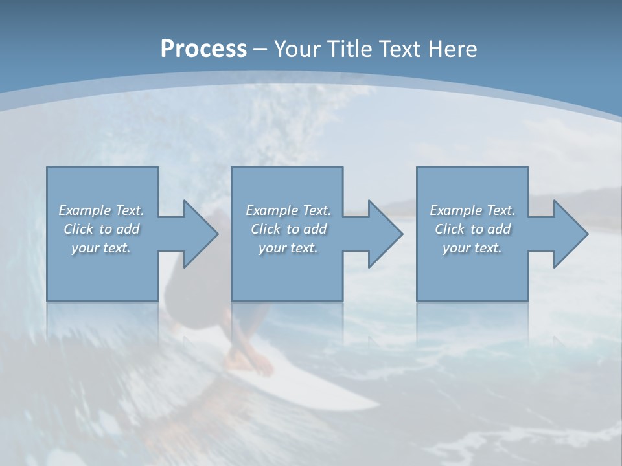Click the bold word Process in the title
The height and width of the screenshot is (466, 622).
coord(203,49)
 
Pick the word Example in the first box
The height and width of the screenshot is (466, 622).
coord(85,210)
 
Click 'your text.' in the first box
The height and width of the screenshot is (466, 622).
coord(101,248)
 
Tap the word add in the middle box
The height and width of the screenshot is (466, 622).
coord(315,229)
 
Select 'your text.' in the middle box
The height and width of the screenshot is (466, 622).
coord(288,248)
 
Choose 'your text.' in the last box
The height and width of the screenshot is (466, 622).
coord(472,248)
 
